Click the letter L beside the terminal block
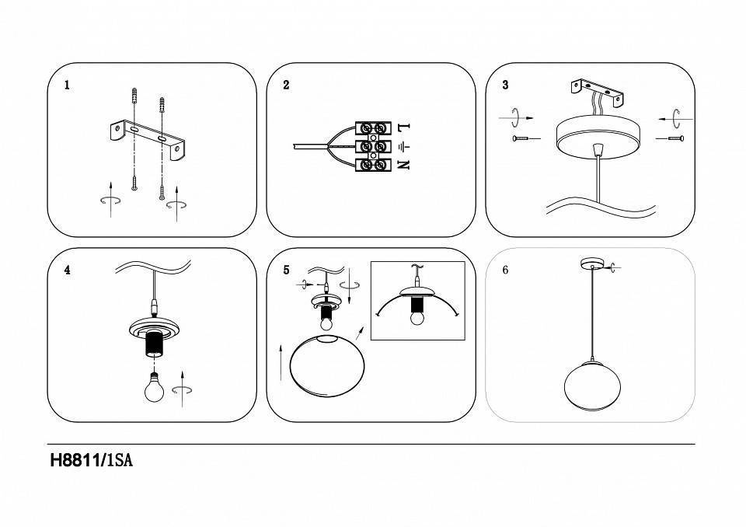(x=403, y=127)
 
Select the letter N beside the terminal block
(x=403, y=164)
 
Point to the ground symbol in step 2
(x=403, y=146)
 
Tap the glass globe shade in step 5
(x=325, y=368)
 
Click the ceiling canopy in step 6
(x=592, y=264)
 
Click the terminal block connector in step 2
(x=372, y=146)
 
